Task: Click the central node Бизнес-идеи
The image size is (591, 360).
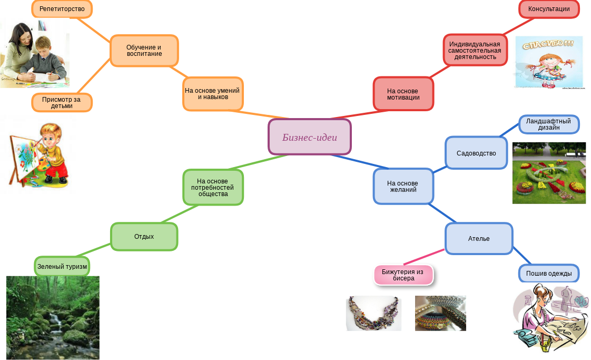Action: click(309, 137)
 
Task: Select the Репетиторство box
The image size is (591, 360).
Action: click(62, 9)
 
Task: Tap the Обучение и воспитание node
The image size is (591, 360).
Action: click(144, 50)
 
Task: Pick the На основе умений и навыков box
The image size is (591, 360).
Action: click(212, 94)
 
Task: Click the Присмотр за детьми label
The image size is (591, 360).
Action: click(62, 102)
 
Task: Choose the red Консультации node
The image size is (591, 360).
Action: click(549, 9)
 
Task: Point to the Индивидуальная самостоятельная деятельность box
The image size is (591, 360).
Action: click(475, 50)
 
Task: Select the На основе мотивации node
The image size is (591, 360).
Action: click(403, 94)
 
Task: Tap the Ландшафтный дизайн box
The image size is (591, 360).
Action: click(549, 124)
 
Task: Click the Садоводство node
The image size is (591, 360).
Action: click(476, 153)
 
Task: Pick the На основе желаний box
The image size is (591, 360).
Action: click(403, 186)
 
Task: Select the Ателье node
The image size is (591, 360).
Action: click(478, 239)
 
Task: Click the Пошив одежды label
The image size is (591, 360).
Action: click(549, 273)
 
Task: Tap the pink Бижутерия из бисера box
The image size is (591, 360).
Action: click(403, 275)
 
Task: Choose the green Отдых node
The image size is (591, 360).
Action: click(144, 236)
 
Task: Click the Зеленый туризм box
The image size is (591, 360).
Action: click(62, 266)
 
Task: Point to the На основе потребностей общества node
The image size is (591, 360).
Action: click(213, 187)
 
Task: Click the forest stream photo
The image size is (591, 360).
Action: click(52, 317)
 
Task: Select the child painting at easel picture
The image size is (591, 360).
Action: click(38, 154)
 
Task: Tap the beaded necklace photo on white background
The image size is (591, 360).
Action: click(373, 313)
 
